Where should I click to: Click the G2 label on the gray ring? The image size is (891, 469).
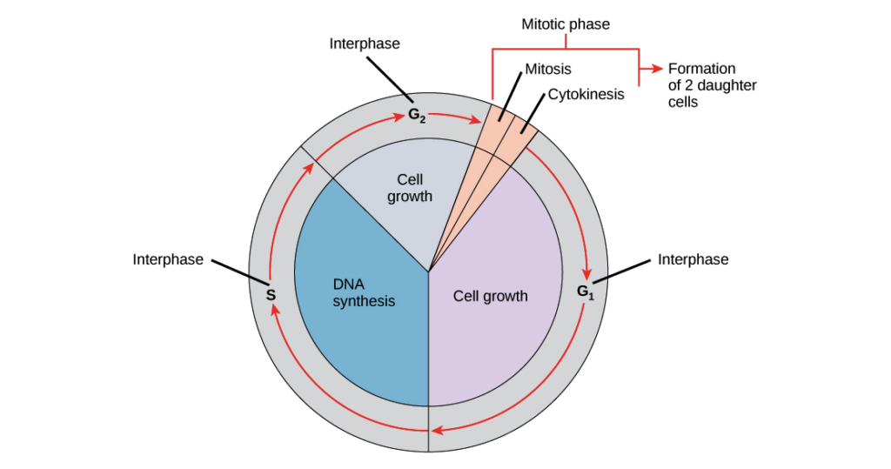[x=416, y=114]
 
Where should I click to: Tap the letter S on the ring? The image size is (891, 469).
[x=271, y=295]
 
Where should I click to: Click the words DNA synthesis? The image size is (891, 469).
[x=364, y=292]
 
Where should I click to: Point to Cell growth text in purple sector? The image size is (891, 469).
[x=490, y=296]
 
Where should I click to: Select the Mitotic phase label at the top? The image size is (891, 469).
[x=566, y=24]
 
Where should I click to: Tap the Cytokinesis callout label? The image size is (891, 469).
[x=586, y=94]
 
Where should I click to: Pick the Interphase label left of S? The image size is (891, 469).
[x=169, y=259]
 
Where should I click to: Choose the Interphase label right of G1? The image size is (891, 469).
[x=693, y=259]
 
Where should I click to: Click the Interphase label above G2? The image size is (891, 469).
[x=365, y=44]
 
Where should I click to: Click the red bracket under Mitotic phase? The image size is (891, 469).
[x=566, y=49]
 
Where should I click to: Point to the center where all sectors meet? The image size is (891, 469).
[x=428, y=271]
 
